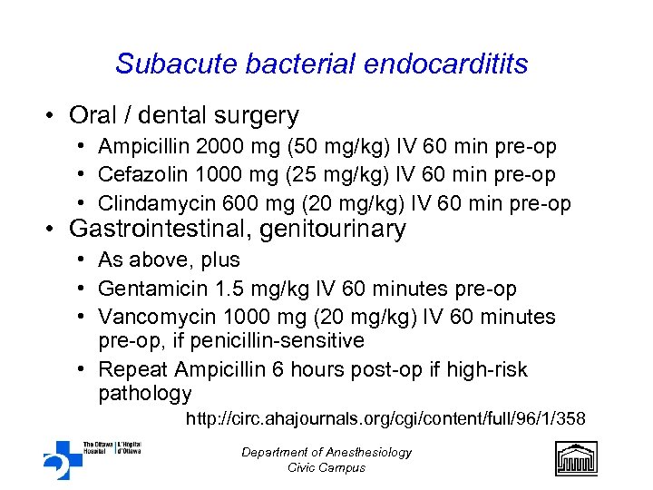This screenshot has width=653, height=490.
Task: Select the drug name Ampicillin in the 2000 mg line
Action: [141, 146]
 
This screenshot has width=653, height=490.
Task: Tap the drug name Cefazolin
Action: [140, 174]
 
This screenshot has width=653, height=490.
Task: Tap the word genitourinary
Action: [333, 230]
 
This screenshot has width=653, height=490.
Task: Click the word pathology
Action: [144, 393]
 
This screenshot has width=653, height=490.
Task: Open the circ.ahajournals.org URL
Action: [385, 418]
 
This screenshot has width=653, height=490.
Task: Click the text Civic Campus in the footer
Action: [326, 467]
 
